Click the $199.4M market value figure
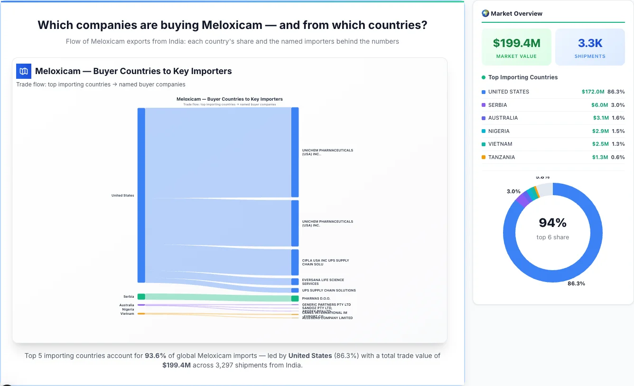(516, 43)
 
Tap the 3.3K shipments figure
(590, 43)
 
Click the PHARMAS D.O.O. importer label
(316, 299)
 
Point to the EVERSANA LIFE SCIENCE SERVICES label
(323, 282)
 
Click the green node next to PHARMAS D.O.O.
(295, 299)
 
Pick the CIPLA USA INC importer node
(295, 262)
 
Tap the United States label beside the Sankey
(122, 196)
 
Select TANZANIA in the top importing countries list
(501, 157)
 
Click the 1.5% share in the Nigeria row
(618, 131)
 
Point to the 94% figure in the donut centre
(553, 223)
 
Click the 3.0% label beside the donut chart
(513, 191)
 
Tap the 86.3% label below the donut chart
(576, 283)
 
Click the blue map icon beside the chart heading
(24, 71)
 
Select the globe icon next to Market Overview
(485, 13)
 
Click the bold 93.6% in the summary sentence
(155, 356)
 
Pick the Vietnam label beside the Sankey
(127, 314)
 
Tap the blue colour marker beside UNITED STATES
(484, 92)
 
